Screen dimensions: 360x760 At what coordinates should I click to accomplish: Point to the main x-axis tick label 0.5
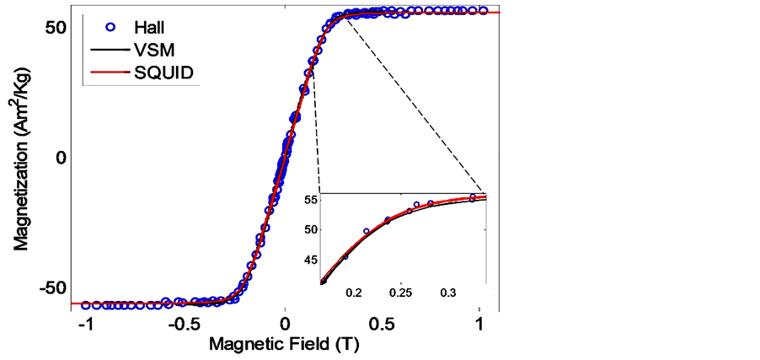point(383,326)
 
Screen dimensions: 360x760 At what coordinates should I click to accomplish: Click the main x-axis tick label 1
point(480,326)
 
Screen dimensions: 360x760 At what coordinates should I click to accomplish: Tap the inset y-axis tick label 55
point(309,200)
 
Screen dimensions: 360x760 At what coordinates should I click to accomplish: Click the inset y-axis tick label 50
point(309,229)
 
